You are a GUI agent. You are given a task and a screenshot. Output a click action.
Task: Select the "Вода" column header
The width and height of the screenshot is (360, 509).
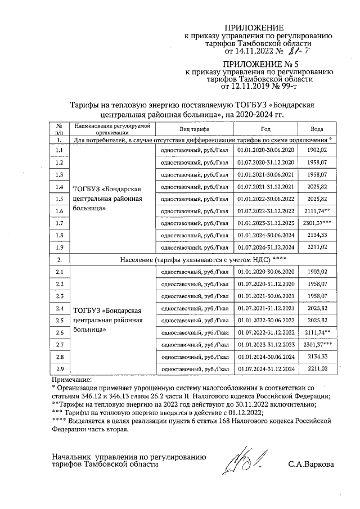(x=317, y=129)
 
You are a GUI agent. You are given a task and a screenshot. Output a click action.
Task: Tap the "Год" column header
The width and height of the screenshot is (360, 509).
(x=265, y=129)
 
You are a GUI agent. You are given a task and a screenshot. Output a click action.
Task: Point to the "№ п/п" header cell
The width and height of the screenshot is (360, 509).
(x=59, y=129)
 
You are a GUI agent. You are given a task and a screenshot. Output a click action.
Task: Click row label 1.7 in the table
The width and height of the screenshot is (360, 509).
(x=59, y=223)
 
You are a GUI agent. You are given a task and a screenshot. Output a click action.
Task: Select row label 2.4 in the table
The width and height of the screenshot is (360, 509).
(x=59, y=308)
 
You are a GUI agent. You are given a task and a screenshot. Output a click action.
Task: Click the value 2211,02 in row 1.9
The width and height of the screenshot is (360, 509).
(x=317, y=247)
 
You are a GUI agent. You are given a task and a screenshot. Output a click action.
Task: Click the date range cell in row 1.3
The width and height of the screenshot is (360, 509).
(x=265, y=174)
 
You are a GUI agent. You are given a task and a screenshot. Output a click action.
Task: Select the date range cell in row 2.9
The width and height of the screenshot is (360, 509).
(x=265, y=370)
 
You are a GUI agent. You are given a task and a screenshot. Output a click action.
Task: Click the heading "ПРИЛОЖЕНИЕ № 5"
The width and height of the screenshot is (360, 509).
(x=260, y=65)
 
